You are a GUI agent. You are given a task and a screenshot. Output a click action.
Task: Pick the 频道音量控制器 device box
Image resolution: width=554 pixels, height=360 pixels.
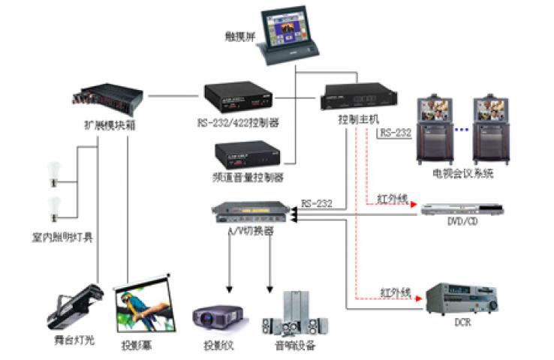[248, 155]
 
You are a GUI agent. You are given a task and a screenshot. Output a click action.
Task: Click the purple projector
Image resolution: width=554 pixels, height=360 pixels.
[217, 316]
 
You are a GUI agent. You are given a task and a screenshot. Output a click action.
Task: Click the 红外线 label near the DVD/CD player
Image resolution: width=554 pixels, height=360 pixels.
[392, 199]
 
